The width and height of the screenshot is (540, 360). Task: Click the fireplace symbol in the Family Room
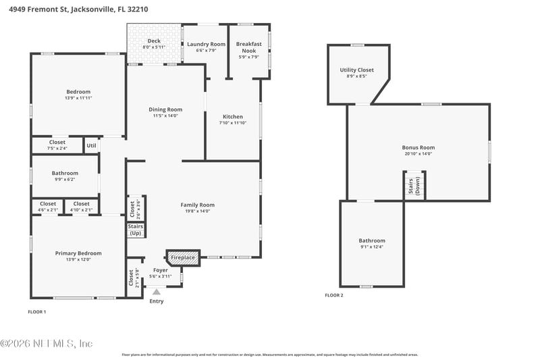tap(182, 257)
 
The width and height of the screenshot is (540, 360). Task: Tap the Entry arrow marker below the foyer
tap(157, 292)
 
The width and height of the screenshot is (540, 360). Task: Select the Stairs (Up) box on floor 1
tap(135, 230)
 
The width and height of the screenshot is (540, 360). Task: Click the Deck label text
tap(154, 41)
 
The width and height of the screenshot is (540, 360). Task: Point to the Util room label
tap(92, 145)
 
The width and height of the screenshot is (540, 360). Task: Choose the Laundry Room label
tap(206, 44)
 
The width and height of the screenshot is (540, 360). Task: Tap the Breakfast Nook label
tap(248, 47)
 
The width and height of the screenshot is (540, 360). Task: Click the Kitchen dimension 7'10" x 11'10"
tap(233, 123)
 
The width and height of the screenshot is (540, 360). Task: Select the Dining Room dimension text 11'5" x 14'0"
tap(165, 115)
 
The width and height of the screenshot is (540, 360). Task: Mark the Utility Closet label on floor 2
tap(356, 70)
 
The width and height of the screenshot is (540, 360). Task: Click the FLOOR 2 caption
tap(333, 295)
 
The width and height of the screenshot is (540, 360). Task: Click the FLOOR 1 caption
tap(36, 311)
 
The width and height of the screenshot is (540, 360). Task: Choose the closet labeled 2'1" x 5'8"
tap(132, 278)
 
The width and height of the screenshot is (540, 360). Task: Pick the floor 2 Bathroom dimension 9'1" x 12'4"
tap(372, 248)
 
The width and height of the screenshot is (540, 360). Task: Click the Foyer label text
tap(161, 269)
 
